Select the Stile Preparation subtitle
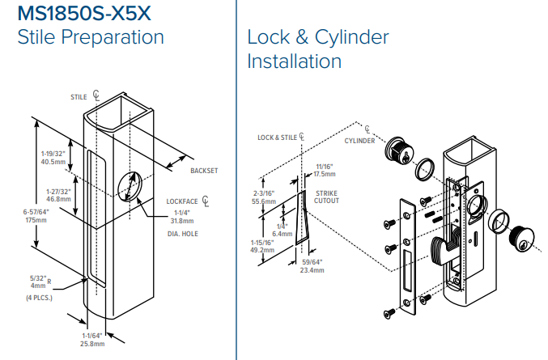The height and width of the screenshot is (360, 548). click(x=90, y=37)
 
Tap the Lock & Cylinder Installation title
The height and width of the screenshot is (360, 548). click(x=317, y=49)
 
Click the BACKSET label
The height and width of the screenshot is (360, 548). click(x=204, y=171)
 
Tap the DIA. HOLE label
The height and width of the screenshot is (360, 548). click(x=182, y=234)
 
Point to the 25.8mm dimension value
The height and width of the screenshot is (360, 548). click(x=93, y=344)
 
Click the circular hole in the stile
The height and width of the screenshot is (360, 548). click(x=126, y=187)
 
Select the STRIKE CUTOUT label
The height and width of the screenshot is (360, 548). click(x=326, y=197)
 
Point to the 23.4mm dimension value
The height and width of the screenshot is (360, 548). click(x=312, y=270)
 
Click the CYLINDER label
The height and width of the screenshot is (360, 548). click(x=360, y=141)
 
